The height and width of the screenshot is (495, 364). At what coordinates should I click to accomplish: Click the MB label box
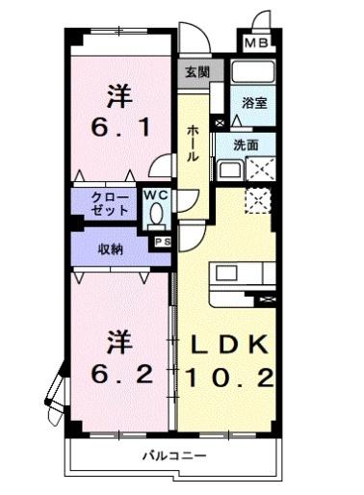(x=255, y=43)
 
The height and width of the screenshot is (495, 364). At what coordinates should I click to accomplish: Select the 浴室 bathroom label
(x=254, y=103)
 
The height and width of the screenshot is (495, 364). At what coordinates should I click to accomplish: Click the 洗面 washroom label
(x=246, y=144)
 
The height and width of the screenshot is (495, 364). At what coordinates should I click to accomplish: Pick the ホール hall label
(x=193, y=143)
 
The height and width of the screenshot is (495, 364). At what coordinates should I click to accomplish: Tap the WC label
(x=155, y=195)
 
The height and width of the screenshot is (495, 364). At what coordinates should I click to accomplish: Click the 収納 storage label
(x=110, y=248)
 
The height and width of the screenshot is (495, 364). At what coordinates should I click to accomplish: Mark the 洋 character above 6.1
(x=117, y=96)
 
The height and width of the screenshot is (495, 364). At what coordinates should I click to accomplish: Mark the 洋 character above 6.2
(x=117, y=342)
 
